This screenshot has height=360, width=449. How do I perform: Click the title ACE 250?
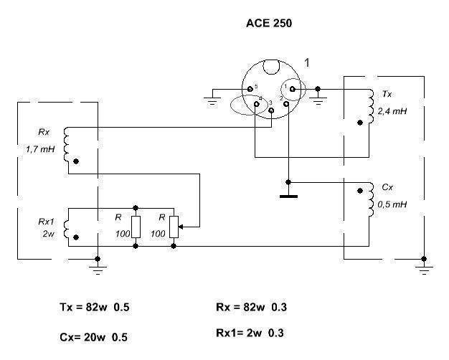pos(269,23)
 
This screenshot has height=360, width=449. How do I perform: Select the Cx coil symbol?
pos(372,195)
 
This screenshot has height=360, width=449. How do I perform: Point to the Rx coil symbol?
pos(67,145)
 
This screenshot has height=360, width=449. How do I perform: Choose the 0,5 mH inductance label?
pos(392,204)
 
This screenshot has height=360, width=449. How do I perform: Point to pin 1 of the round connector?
pos(292,88)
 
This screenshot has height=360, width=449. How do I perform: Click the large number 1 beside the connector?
pos(307,63)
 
